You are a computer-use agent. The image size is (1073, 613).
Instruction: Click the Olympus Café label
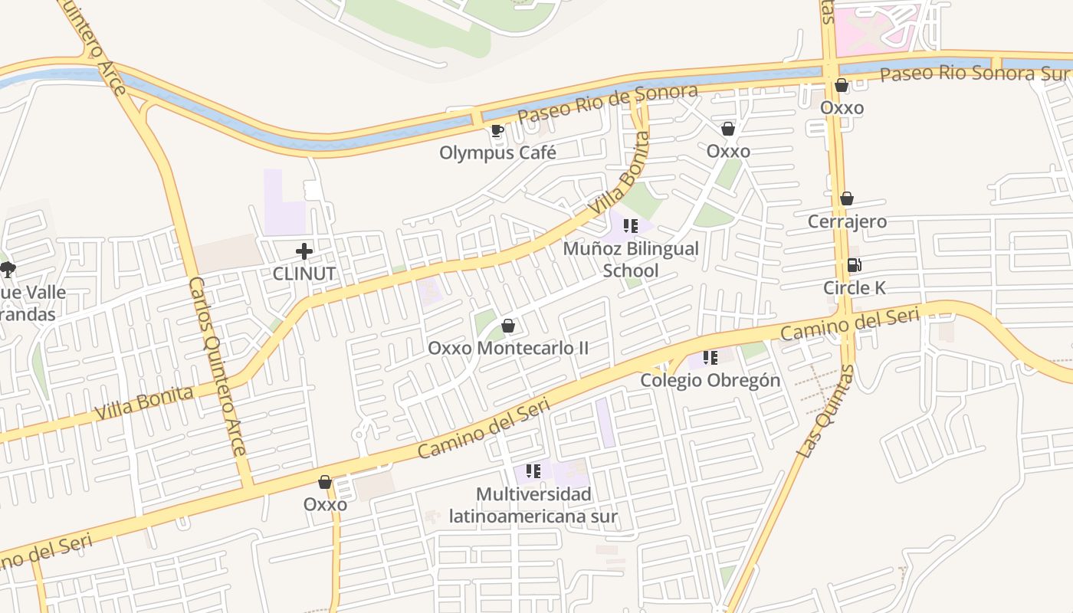click(x=497, y=152)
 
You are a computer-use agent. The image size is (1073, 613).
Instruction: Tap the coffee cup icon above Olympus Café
click(x=497, y=130)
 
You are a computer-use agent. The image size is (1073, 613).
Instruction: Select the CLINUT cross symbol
click(x=304, y=251)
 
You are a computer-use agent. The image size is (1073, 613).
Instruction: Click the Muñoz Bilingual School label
click(x=631, y=259)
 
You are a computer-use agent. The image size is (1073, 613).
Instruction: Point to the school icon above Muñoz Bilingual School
click(x=630, y=226)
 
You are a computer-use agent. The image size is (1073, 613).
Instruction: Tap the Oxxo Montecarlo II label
click(x=508, y=348)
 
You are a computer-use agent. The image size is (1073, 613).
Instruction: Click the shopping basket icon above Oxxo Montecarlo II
click(x=507, y=326)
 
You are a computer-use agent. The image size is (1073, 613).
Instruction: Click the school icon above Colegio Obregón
click(x=710, y=358)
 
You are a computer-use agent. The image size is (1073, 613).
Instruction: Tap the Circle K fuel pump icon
click(x=854, y=266)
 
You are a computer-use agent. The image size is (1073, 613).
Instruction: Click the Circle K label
click(x=854, y=288)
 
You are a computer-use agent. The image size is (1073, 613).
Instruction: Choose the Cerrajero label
click(x=847, y=221)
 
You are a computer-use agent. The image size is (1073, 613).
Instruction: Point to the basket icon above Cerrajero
click(x=847, y=199)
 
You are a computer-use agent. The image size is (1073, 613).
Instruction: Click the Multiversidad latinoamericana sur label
click(x=533, y=505)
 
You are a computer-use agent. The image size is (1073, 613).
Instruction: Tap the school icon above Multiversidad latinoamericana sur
click(x=533, y=471)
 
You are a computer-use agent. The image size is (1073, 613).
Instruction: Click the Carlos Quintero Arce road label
click(x=218, y=366)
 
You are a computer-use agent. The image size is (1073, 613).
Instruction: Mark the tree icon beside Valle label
click(x=8, y=269)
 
